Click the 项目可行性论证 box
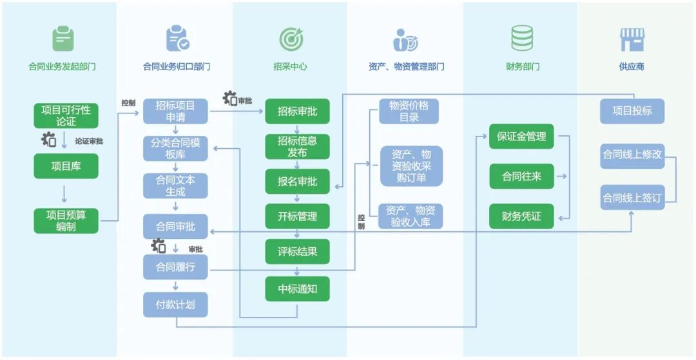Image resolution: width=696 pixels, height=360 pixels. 66,115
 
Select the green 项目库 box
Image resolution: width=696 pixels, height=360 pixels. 66,166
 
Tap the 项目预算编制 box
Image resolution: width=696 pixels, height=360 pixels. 66,220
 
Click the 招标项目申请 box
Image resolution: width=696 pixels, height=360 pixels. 175,111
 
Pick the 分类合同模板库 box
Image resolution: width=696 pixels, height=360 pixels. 175,149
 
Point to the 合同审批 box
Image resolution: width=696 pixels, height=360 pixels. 175,227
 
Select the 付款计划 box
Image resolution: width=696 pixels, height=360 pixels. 175,304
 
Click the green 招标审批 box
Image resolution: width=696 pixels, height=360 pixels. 297,111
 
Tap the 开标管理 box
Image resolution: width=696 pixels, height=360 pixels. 297,216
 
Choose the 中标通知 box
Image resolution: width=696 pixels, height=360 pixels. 297,289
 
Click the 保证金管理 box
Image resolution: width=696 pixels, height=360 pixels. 521,137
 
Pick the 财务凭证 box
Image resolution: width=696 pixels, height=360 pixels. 521,216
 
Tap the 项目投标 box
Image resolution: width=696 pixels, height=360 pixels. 632,111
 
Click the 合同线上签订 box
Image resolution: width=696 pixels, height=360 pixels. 632,198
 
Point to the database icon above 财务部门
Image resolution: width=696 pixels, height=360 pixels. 521,39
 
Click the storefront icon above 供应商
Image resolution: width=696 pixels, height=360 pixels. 632,39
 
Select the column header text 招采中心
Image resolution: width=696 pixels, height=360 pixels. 290,66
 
